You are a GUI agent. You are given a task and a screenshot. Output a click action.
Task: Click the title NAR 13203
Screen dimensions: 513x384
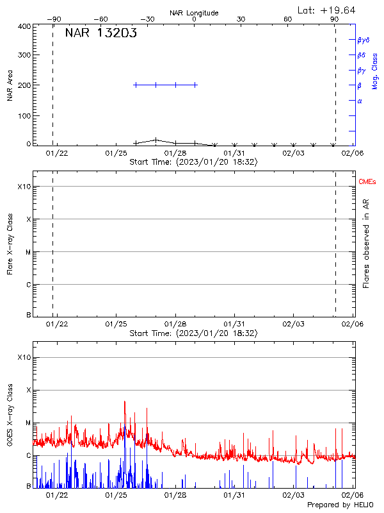(101, 34)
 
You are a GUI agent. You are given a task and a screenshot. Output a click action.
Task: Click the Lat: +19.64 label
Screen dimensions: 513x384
(327, 10)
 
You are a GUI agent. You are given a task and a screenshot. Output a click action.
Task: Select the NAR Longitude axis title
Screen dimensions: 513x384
(194, 13)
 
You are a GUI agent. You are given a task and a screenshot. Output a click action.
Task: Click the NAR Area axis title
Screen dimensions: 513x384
(10, 86)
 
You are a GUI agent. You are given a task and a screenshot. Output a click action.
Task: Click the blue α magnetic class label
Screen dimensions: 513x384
(360, 101)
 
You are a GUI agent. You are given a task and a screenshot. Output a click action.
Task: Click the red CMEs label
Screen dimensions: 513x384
(367, 182)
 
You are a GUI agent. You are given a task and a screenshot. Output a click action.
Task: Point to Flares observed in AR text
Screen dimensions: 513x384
(367, 244)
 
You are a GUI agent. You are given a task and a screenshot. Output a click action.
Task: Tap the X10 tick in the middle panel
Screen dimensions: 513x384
(24, 187)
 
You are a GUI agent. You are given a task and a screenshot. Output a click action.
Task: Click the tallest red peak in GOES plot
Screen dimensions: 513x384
(125, 402)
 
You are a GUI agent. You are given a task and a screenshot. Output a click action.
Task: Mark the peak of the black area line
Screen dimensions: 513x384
(156, 139)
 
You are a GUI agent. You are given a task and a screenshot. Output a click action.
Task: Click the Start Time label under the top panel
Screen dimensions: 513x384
(193, 163)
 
